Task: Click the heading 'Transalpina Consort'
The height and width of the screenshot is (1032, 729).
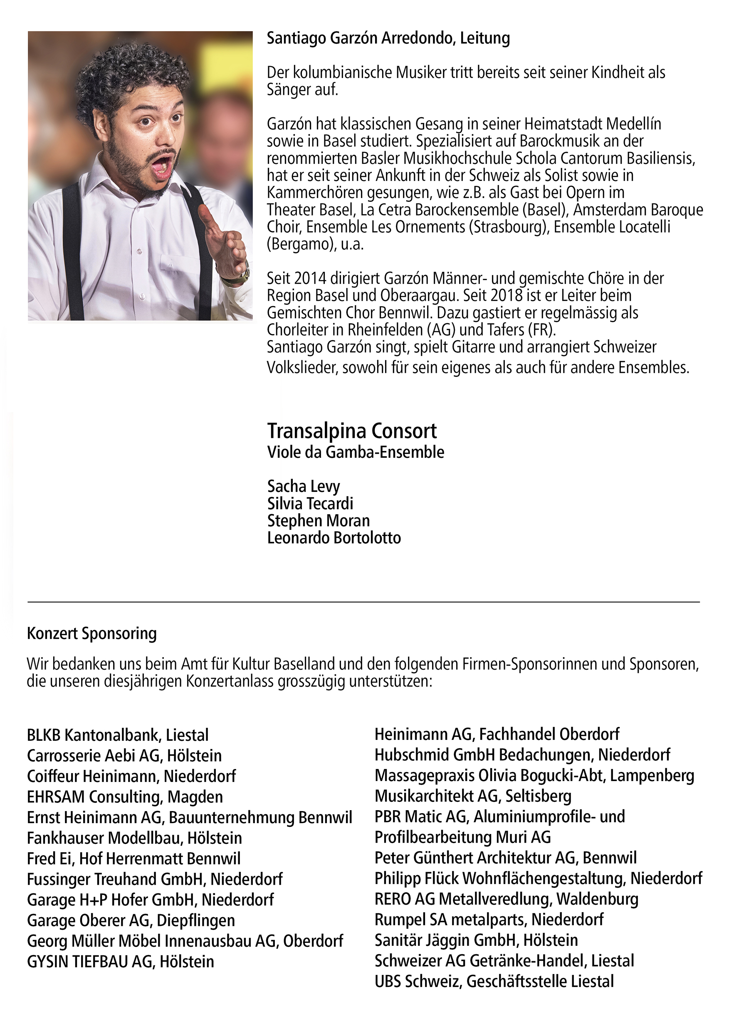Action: pyautogui.click(x=352, y=431)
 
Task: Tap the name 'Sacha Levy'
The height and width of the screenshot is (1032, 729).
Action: pyautogui.click(x=303, y=486)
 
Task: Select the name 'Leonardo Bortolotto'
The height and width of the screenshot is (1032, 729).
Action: pyautogui.click(x=334, y=538)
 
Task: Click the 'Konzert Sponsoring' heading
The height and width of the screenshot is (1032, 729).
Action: pyautogui.click(x=91, y=633)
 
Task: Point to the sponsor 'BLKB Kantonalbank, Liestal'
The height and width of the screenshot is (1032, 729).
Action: pyautogui.click(x=118, y=735)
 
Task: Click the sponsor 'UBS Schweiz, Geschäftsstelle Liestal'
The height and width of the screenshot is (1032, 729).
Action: pyautogui.click(x=494, y=981)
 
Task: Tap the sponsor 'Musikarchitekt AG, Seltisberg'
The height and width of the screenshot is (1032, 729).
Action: pyautogui.click(x=473, y=796)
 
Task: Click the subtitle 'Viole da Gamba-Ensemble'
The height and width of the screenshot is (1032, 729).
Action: pyautogui.click(x=355, y=452)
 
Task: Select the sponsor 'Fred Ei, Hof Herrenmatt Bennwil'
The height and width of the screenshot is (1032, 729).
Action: pyautogui.click(x=133, y=858)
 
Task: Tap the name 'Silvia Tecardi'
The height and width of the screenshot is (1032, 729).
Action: pyautogui.click(x=310, y=504)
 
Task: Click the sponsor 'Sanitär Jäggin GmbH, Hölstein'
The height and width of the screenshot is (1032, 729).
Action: pyautogui.click(x=476, y=940)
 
